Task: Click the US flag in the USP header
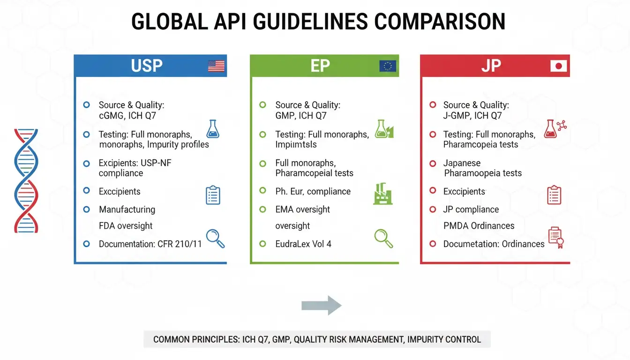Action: (216, 66)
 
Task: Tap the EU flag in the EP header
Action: (388, 66)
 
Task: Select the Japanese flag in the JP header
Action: (558, 66)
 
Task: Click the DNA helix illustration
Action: (26, 180)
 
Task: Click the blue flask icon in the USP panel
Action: (213, 129)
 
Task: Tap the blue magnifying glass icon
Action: (215, 238)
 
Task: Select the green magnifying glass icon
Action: (383, 238)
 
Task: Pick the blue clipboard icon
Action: (213, 195)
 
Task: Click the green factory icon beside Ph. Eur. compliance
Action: (383, 194)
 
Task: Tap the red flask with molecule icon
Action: (555, 128)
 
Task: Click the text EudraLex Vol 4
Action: (303, 244)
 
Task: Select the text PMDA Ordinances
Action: (479, 226)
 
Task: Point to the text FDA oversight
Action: (126, 226)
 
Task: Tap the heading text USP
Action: (147, 66)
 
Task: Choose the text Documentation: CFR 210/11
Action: (150, 244)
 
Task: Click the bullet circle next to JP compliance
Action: (433, 209)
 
